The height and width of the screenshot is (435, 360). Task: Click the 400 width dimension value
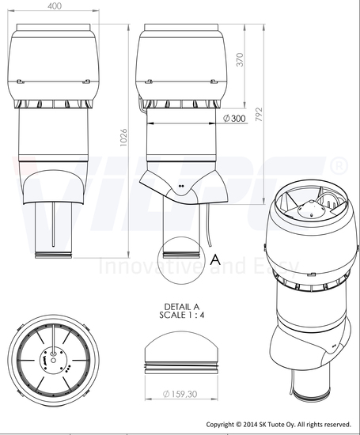coord(55,6)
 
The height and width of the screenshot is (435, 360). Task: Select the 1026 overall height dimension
coord(123,138)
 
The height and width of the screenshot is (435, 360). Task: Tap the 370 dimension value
coord(240,59)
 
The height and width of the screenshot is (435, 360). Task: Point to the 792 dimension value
coord(259,115)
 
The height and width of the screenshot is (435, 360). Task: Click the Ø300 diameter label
coord(234,119)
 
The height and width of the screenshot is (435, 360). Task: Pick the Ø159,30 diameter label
coord(180,394)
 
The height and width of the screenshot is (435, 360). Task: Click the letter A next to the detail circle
coord(215,260)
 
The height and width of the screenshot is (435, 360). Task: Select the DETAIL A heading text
coord(182,307)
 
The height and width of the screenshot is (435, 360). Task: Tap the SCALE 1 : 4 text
coord(182,315)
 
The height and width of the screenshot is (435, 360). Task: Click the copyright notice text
coord(279,425)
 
